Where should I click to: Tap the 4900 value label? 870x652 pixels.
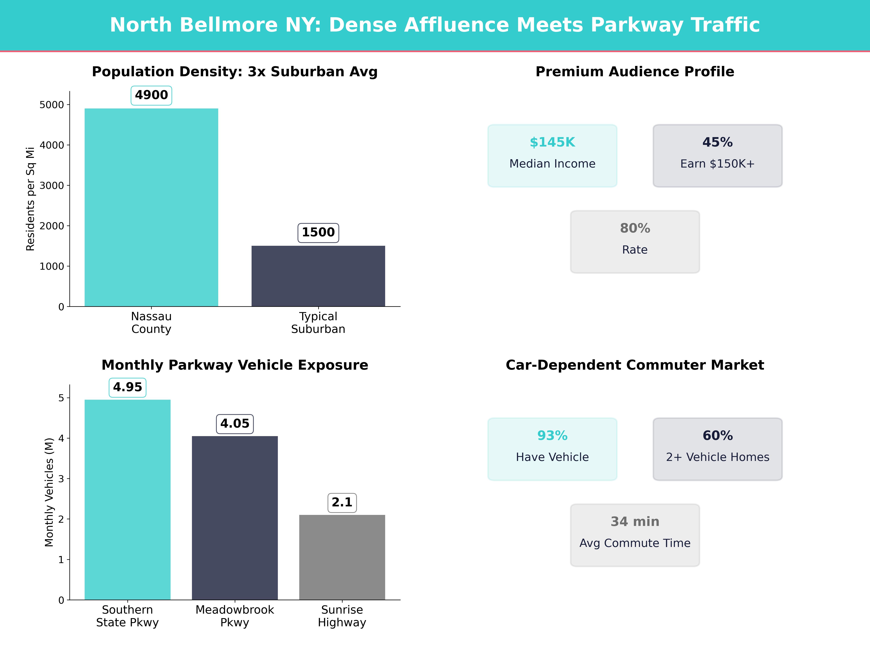tap(151, 95)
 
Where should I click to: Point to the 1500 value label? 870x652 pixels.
tap(318, 232)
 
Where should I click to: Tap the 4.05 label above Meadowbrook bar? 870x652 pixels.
tap(235, 424)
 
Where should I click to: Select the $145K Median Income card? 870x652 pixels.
tap(552, 156)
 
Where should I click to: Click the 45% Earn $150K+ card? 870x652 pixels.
tap(717, 156)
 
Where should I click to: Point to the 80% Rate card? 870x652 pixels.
tap(635, 242)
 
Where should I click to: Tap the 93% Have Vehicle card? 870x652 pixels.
tap(552, 449)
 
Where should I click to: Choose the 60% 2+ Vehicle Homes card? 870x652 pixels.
tap(717, 449)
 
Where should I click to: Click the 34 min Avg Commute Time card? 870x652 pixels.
tap(635, 535)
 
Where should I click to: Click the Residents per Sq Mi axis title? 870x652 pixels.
tap(30, 199)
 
